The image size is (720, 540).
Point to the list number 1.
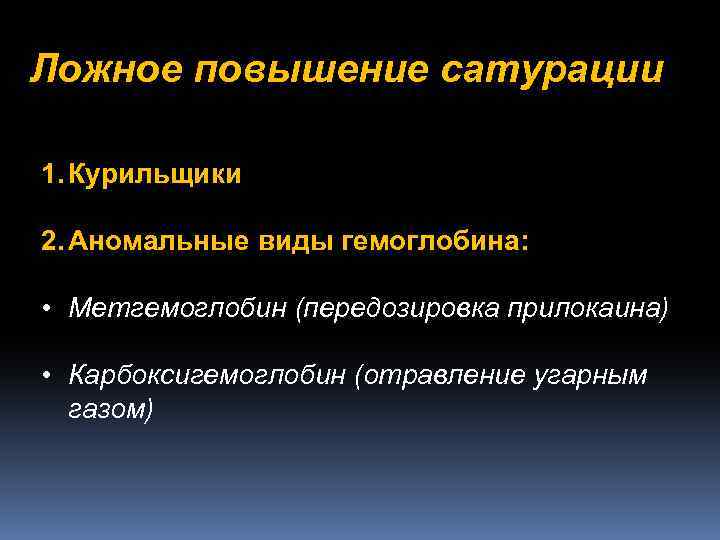pyautogui.click(x=50, y=175)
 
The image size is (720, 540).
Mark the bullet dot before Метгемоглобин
pyautogui.click(x=47, y=308)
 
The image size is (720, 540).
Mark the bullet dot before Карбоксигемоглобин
pyautogui.click(x=47, y=375)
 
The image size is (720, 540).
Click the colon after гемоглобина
pyautogui.click(x=522, y=243)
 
